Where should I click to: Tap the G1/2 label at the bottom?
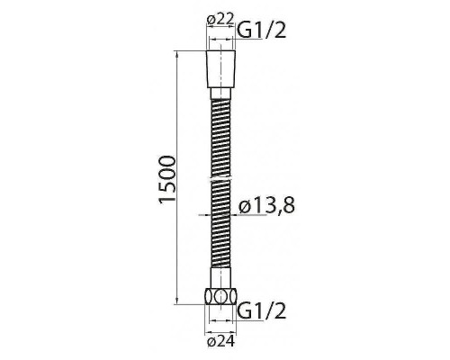[261, 312]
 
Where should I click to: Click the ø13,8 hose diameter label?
[267, 208]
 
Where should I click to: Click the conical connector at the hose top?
[220, 68]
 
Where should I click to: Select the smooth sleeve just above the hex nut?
[220, 283]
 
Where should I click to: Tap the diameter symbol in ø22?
[209, 20]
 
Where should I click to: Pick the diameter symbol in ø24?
[209, 340]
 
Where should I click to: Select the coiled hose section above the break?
[220, 135]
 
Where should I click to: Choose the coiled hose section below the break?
[220, 234]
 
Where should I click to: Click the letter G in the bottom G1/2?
[243, 312]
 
